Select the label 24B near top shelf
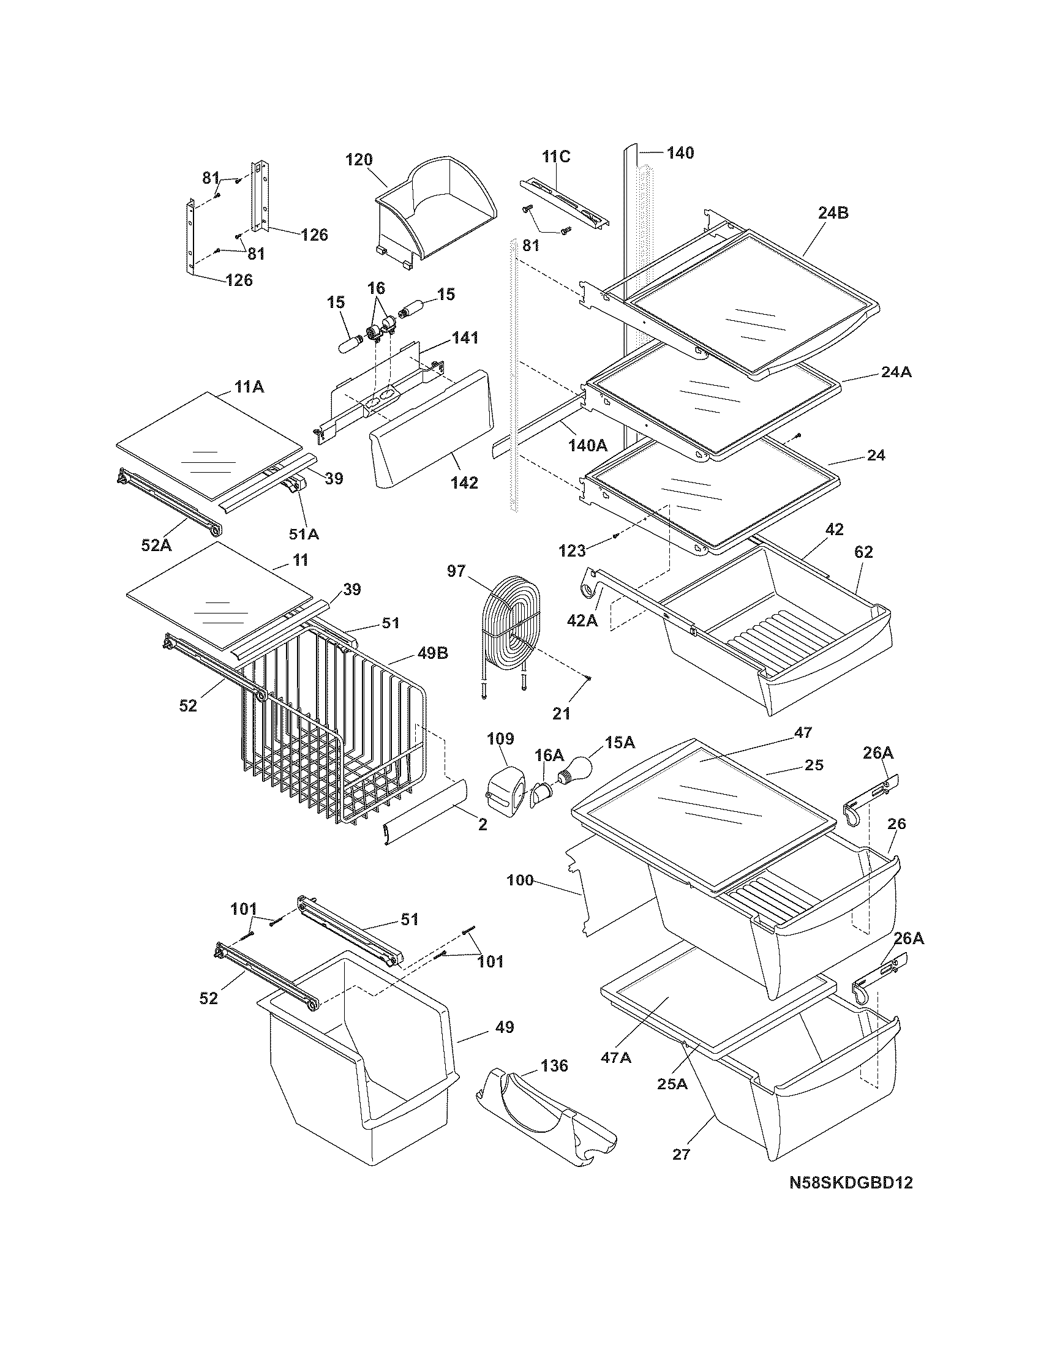tap(833, 213)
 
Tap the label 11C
tap(555, 157)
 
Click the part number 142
tap(464, 482)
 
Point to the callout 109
tap(500, 738)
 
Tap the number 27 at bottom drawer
tap(682, 1154)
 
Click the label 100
tap(520, 880)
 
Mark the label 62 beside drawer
tap(863, 552)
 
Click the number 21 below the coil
tap(561, 713)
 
